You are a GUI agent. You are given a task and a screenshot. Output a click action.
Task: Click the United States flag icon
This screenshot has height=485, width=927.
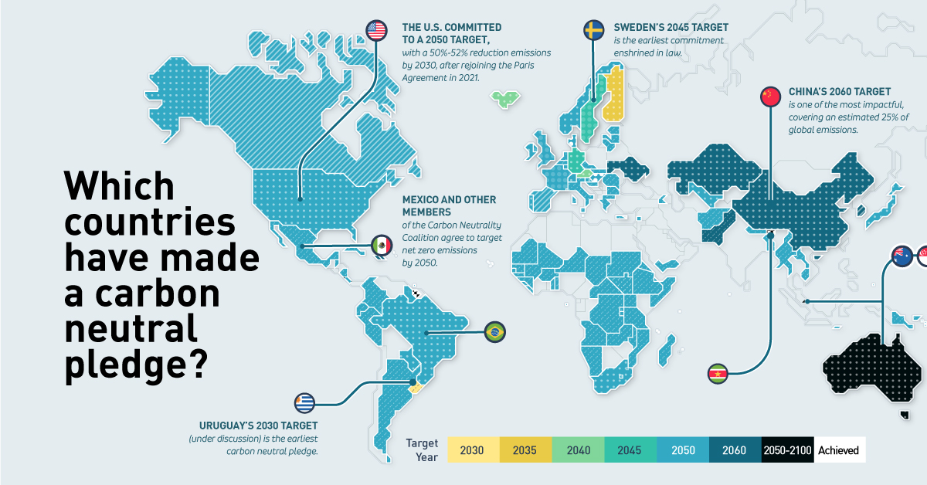click(376, 30)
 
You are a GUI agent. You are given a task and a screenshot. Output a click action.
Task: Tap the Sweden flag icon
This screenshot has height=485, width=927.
click(593, 30)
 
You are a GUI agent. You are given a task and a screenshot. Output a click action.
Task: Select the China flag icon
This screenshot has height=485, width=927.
click(770, 96)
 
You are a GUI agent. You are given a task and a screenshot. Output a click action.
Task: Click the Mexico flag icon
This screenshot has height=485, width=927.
click(382, 246)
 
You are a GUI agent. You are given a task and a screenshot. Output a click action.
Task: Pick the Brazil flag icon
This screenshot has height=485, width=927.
click(494, 333)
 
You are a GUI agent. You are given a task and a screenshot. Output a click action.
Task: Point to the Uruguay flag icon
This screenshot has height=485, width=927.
click(305, 403)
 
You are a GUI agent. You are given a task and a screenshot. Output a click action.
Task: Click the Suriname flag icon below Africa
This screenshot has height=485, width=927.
click(718, 375)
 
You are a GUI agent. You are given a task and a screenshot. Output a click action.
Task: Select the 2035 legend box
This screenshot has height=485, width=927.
click(525, 450)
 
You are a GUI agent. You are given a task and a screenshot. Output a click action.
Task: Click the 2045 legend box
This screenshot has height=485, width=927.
click(630, 450)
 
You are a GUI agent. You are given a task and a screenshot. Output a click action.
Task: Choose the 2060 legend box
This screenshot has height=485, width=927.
click(734, 450)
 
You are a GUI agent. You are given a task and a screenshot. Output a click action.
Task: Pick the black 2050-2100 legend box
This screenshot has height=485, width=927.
click(786, 450)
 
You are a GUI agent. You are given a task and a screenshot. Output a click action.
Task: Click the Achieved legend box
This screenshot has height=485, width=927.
click(838, 450)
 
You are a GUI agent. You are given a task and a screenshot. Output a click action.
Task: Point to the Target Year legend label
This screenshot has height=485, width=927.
click(422, 450)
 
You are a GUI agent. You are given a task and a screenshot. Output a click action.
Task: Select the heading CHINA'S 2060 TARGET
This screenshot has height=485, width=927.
click(839, 91)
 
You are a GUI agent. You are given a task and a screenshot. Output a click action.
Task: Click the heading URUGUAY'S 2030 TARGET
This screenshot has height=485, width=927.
click(258, 426)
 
